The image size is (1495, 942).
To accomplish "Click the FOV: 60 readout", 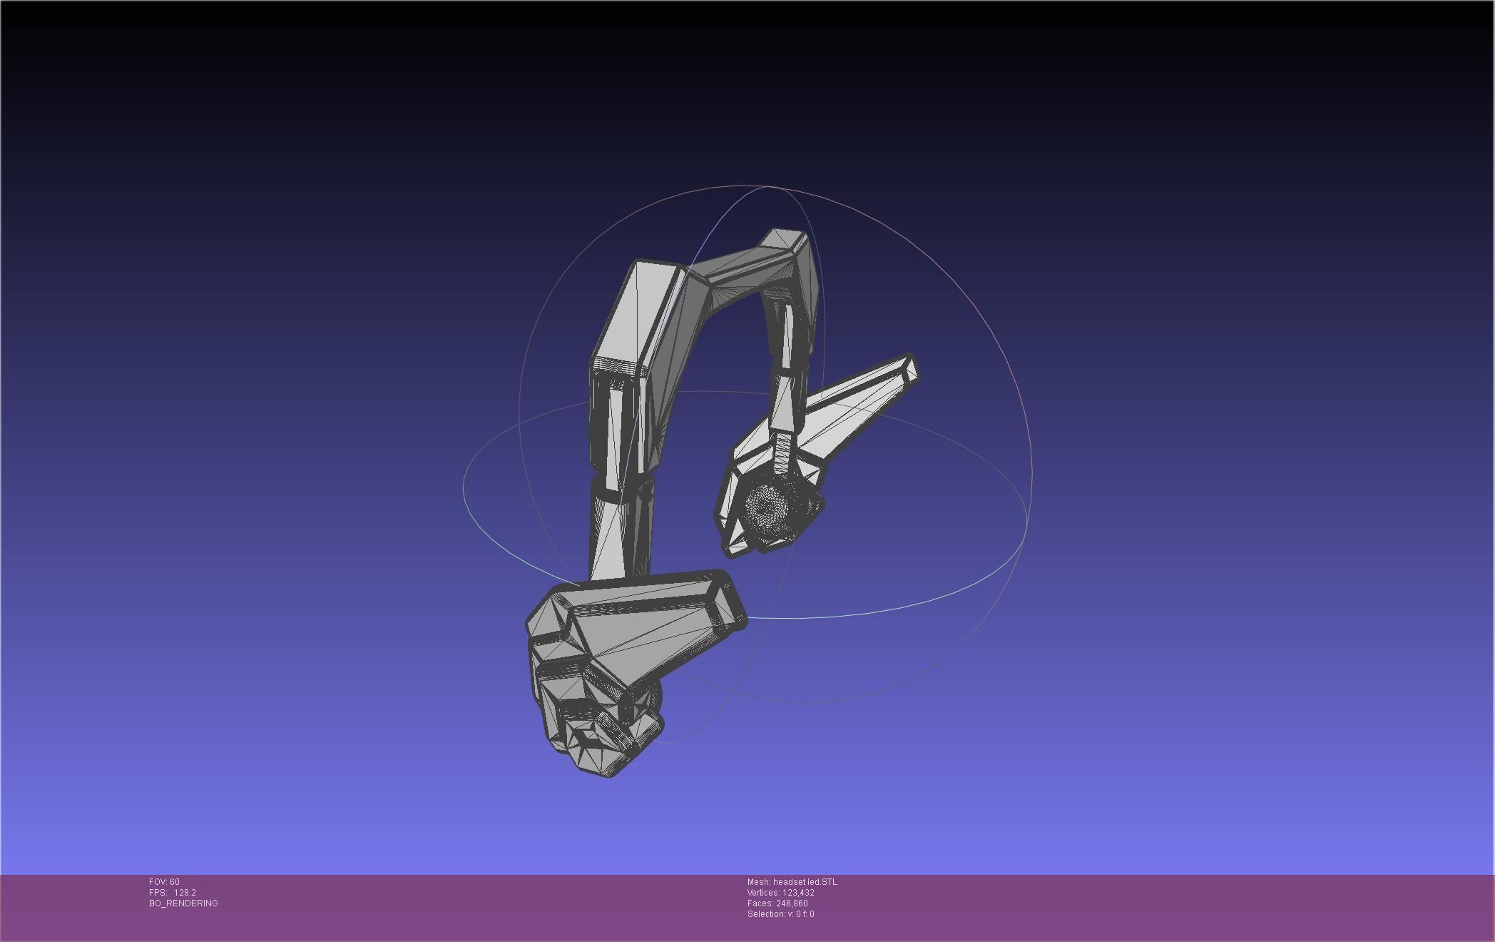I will (164, 882).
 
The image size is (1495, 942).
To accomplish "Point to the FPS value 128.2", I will (185, 893).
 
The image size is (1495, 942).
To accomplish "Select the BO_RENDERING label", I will (183, 903).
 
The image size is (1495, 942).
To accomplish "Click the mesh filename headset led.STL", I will (805, 882).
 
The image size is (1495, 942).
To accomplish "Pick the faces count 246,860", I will (792, 903).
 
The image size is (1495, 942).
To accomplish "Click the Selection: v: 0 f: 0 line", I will (780, 914).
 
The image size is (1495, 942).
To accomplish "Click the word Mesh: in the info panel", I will (759, 882).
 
